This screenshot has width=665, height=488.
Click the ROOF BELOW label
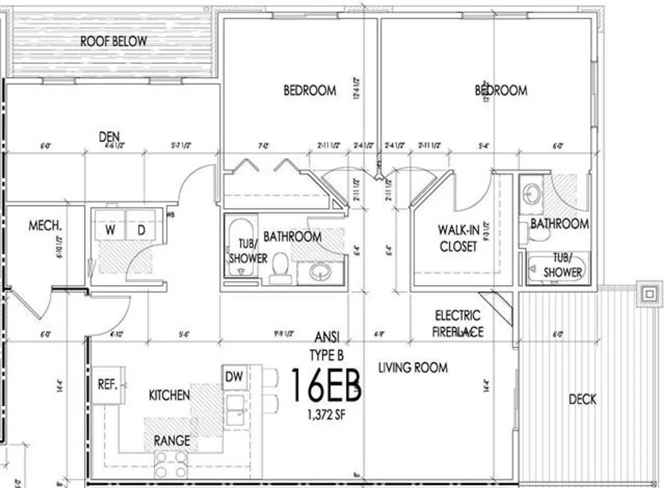click(x=114, y=41)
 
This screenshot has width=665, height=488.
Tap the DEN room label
click(x=109, y=136)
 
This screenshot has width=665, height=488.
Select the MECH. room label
click(x=45, y=225)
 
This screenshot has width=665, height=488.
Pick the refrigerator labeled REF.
click(x=108, y=385)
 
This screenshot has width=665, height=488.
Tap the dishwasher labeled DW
click(x=234, y=376)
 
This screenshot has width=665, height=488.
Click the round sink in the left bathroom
click(x=321, y=272)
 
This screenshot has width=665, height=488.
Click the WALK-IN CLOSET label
click(x=458, y=238)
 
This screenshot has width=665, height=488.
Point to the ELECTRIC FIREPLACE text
click(x=457, y=324)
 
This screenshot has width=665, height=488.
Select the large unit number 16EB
click(x=325, y=385)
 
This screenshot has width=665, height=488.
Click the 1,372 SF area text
click(x=326, y=414)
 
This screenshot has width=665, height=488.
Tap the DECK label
click(x=582, y=399)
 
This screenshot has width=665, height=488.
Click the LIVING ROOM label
click(x=413, y=367)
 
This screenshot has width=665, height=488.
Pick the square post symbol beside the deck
click(x=650, y=295)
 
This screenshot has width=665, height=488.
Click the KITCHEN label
click(x=169, y=395)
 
